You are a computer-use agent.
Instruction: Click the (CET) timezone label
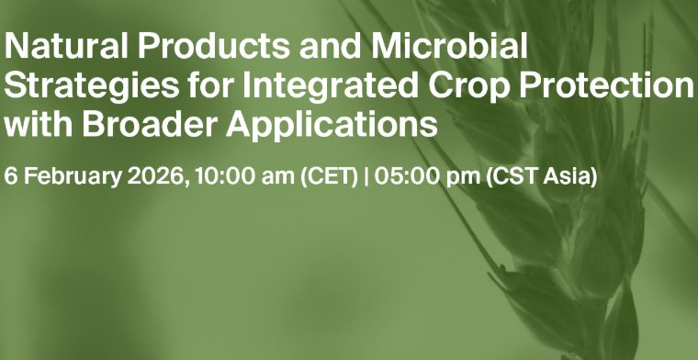pyautogui.click(x=328, y=175)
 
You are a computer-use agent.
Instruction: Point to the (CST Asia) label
pyautogui.click(x=542, y=175)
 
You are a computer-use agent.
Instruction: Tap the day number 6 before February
pyautogui.click(x=10, y=175)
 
